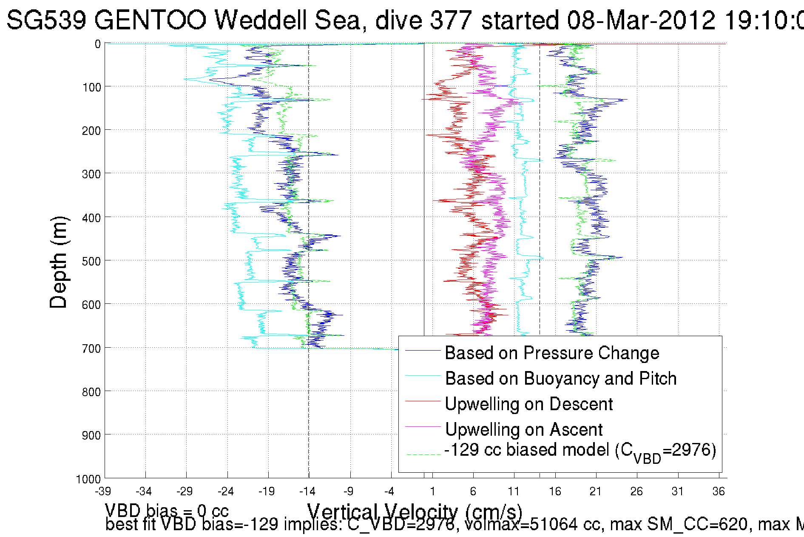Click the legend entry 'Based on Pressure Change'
pyautogui.click(x=551, y=353)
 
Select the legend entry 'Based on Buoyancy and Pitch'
pyautogui.click(x=560, y=379)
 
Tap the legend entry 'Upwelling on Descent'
pyautogui.click(x=528, y=404)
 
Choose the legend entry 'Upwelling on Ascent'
pyautogui.click(x=523, y=430)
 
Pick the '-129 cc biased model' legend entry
pyautogui.click(x=580, y=451)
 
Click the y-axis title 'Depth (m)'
pyautogui.click(x=58, y=262)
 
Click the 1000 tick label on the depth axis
pyautogui.click(x=88, y=479)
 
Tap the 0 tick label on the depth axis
pyautogui.click(x=98, y=44)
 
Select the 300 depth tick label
pyautogui.click(x=91, y=174)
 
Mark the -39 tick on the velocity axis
pyautogui.click(x=103, y=492)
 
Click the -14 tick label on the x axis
pyautogui.click(x=308, y=492)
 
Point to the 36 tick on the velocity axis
pyautogui.click(x=719, y=492)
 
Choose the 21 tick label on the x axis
pyautogui.click(x=596, y=492)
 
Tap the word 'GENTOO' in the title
pyautogui.click(x=150, y=20)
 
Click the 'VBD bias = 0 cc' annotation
pyautogui.click(x=167, y=510)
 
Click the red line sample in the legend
pyautogui.click(x=423, y=401)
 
